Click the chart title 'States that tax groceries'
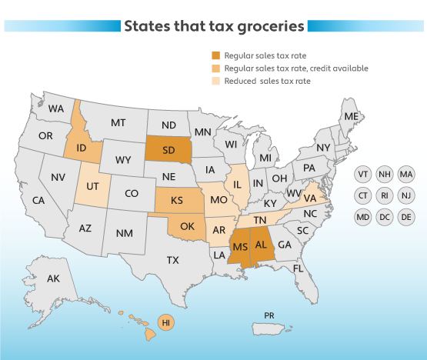coord(214,26)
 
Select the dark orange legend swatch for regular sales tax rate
coord(216,56)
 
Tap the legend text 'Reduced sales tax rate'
coord(267,81)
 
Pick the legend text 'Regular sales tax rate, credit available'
coord(296,68)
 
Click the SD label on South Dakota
coord(168,149)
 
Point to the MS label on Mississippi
coord(239,246)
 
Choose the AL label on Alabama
coord(262,245)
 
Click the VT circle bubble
coord(362,175)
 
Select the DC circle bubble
coord(384,218)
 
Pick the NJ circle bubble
coord(405,196)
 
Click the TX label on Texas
coord(173,260)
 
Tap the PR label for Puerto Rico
coord(269,315)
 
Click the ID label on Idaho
coord(82,146)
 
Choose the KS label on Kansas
coord(176,200)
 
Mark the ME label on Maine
coord(352,116)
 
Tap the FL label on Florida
coord(299,269)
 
